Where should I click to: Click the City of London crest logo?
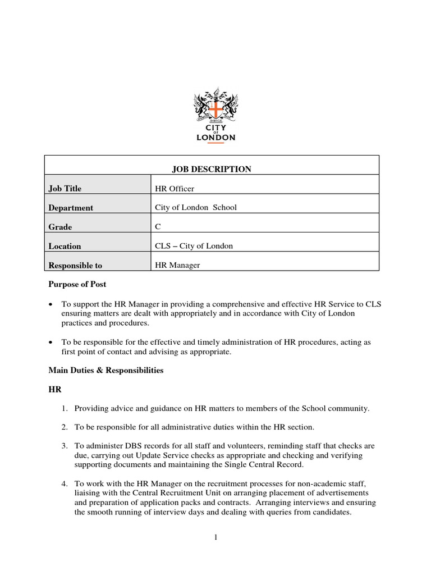(215, 115)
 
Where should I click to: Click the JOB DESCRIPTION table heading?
(211, 169)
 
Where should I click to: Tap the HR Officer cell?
(175, 189)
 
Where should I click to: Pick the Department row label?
(71, 208)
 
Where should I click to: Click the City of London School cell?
(196, 207)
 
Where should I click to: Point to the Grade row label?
(60, 227)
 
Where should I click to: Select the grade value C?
(158, 227)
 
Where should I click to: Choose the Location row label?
(65, 246)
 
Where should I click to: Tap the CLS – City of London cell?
(194, 246)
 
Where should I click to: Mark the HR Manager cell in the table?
(177, 266)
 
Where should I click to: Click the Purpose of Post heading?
(77, 284)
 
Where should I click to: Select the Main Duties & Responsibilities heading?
(106, 371)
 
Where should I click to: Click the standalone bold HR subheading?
(54, 389)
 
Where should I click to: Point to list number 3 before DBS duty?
(64, 446)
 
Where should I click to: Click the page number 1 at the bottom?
(215, 537)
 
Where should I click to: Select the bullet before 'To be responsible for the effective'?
(51, 342)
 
